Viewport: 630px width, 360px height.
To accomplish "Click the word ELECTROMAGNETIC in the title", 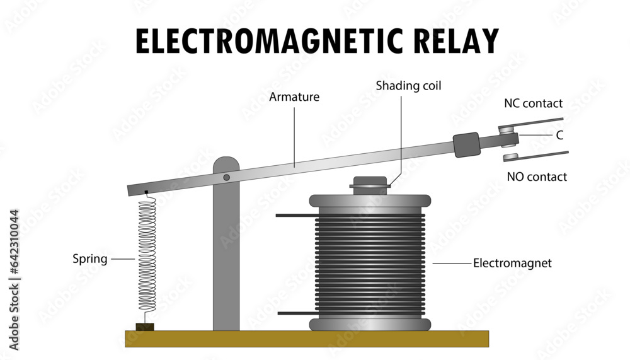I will click(265, 42).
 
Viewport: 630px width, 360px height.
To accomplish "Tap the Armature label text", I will click(294, 97).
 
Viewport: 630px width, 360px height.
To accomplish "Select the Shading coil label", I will click(408, 85).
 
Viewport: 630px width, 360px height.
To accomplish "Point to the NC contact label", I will click(533, 103).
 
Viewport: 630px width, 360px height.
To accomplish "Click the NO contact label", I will click(537, 177).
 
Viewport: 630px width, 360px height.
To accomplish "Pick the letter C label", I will click(559, 135).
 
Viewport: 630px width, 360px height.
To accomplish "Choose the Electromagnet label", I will click(512, 263).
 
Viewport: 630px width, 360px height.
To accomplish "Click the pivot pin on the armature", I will click(226, 178).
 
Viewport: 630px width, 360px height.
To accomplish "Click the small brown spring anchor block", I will click(145, 327).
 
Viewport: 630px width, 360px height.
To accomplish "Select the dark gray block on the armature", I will click(466, 144).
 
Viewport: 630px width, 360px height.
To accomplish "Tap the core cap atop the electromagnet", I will click(369, 182).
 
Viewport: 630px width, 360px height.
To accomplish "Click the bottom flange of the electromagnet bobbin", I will click(370, 325).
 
